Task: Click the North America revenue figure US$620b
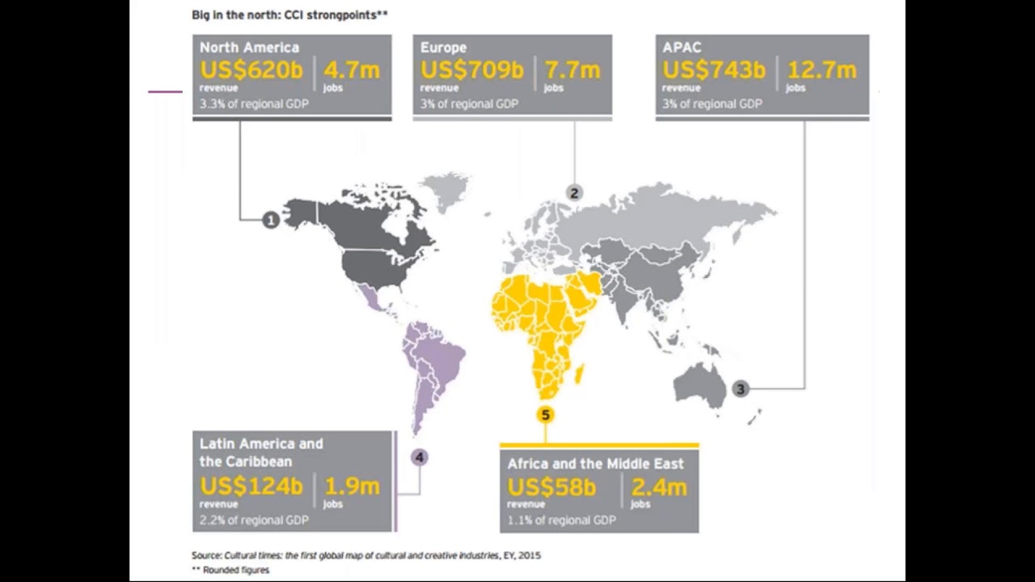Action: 251,70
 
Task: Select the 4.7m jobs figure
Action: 352,70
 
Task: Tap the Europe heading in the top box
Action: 443,48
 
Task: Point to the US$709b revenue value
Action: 472,70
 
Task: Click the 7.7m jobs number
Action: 572,70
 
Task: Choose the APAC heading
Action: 682,48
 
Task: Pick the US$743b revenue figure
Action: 714,70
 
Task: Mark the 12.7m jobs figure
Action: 822,70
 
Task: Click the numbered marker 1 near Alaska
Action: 271,220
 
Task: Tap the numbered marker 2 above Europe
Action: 574,192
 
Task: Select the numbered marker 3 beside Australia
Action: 740,389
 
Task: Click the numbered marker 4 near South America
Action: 419,458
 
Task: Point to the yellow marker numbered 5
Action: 545,415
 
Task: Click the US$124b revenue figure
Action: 251,487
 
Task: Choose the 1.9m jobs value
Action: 352,487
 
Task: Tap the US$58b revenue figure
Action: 551,488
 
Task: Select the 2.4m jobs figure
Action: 659,488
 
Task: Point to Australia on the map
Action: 699,384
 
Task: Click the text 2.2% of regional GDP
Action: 254,521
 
